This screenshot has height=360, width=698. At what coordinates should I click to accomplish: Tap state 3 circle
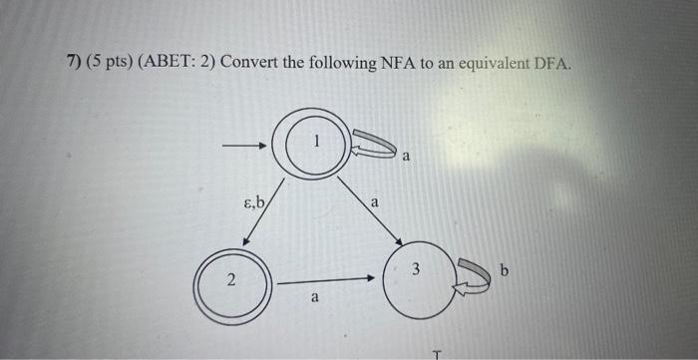pyautogui.click(x=413, y=278)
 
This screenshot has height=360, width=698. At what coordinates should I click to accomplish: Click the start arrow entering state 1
pyautogui.click(x=245, y=147)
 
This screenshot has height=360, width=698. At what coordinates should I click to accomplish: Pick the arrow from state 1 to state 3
pyautogui.click(x=370, y=210)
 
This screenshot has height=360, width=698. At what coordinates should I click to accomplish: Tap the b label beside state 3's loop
pyautogui.click(x=505, y=270)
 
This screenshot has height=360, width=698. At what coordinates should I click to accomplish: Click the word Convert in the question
pyautogui.click(x=249, y=64)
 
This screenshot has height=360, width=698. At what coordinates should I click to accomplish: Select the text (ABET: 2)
pyautogui.click(x=176, y=64)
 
